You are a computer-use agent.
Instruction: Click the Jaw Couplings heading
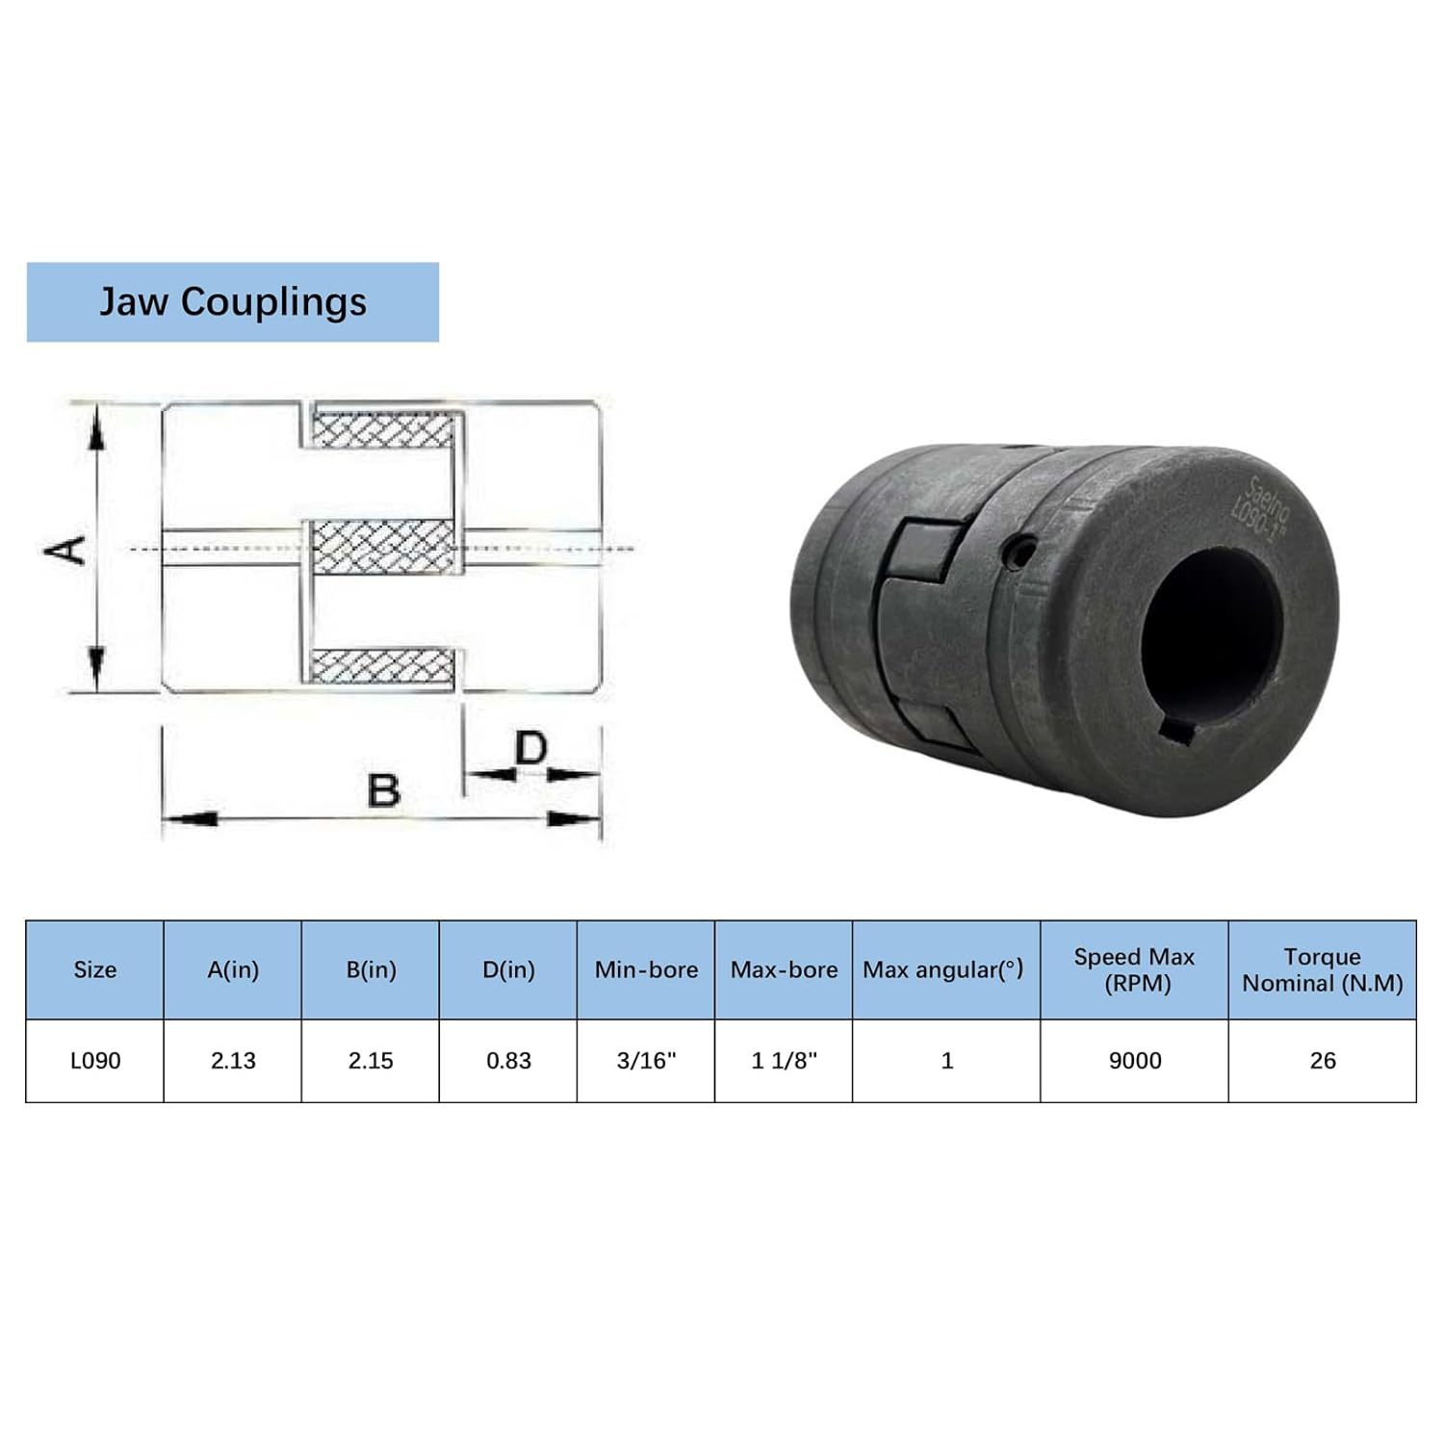coord(233,302)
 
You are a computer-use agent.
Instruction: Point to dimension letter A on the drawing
coord(67,550)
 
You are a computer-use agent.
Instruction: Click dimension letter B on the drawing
coord(384,790)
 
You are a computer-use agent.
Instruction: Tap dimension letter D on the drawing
coord(530,747)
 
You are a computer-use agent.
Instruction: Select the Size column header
coord(94,970)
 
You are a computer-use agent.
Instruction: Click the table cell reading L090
coord(95,1061)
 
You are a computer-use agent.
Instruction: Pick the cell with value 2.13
coord(233,1061)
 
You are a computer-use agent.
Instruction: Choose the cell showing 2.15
coord(371,1061)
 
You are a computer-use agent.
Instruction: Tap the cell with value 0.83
coord(508,1061)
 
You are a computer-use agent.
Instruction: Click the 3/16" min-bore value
coord(646,1061)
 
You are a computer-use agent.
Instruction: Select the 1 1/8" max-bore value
coord(784,1061)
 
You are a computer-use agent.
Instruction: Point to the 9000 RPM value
coord(1135,1061)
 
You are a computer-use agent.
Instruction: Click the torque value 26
coord(1323,1061)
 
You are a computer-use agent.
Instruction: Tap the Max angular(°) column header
coord(942,970)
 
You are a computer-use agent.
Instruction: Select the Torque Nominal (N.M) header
coord(1323,970)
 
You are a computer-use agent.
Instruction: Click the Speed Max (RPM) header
coord(1134,970)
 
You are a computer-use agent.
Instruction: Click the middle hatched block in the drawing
coord(384,548)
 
